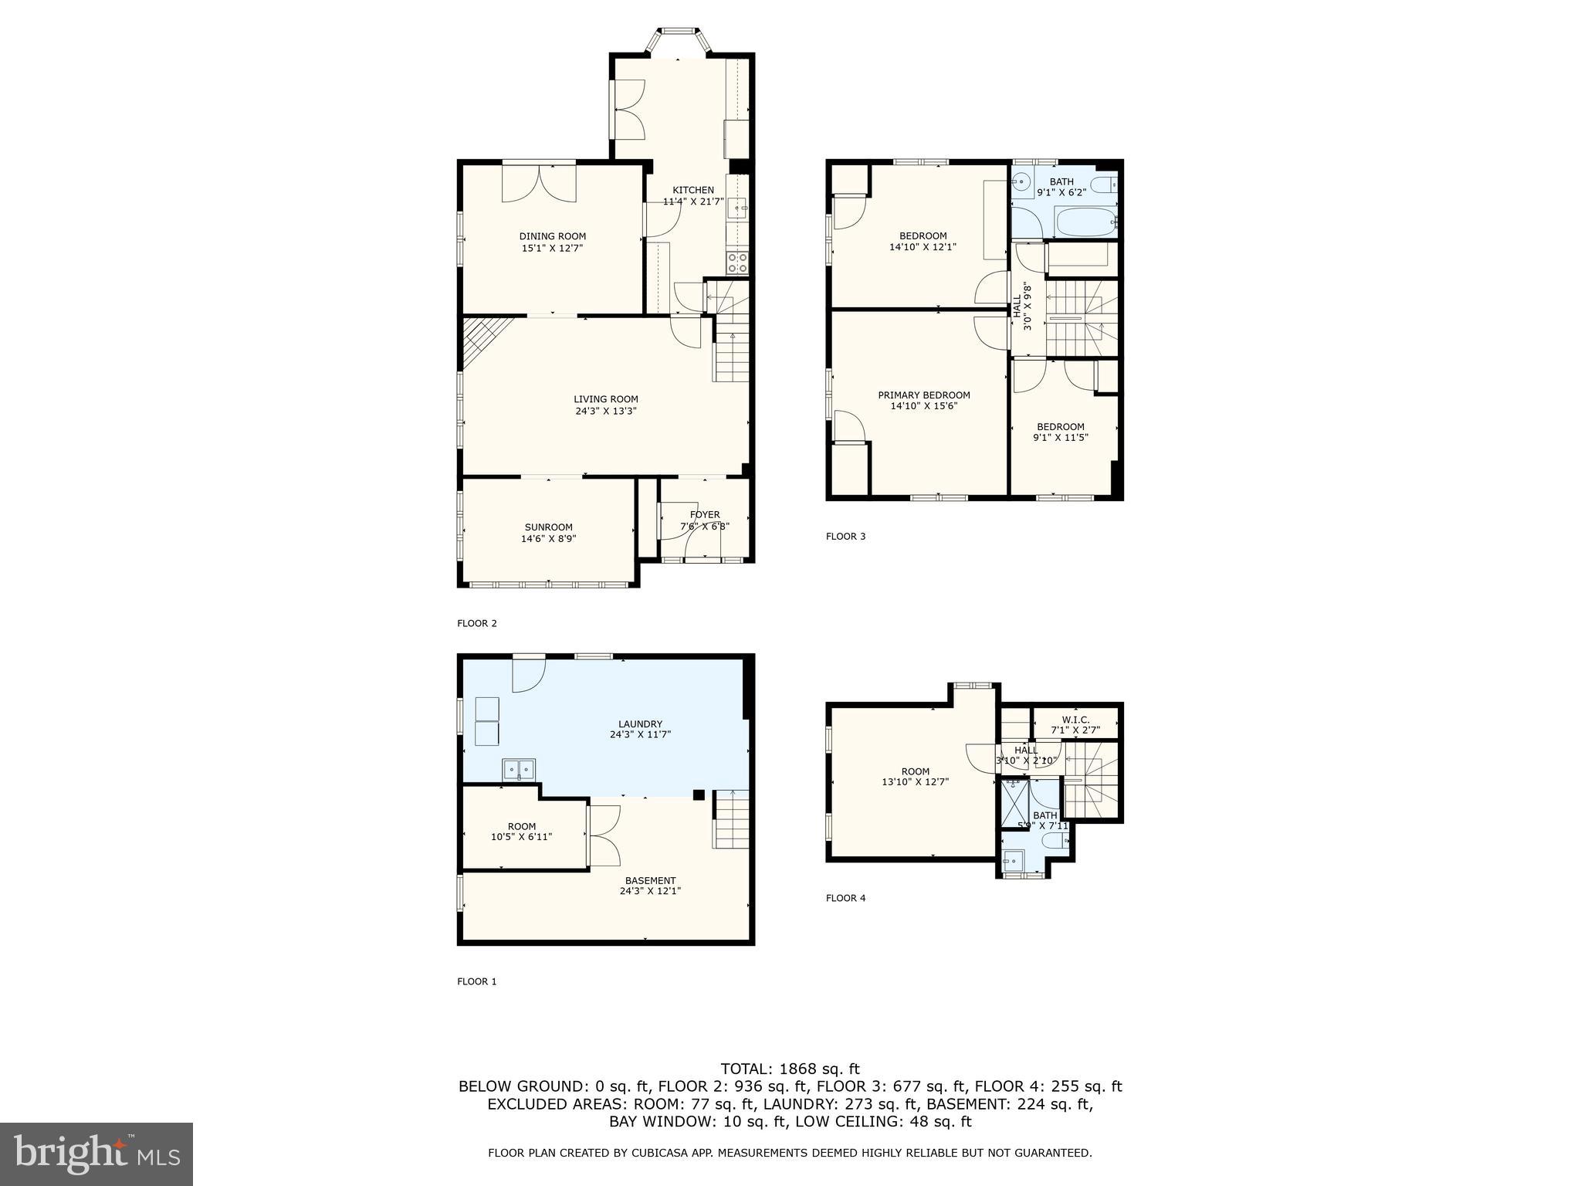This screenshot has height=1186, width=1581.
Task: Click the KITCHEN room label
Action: coord(692,190)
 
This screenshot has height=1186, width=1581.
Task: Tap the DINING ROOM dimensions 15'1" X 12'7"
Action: coord(552,249)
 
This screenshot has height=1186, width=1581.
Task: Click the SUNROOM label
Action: coord(548,527)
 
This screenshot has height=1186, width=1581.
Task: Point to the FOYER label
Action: coord(704,514)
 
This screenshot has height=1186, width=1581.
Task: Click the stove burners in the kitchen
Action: coord(737,263)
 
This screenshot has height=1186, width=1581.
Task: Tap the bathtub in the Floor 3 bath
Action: coord(1085,225)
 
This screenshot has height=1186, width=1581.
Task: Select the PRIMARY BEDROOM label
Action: coord(923,395)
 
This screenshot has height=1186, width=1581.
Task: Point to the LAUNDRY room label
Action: coord(640,724)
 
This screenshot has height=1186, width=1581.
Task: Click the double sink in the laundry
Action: coord(519,769)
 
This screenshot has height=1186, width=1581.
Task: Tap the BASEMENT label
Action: coord(650,880)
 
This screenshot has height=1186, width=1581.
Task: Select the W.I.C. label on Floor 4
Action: coord(1075,720)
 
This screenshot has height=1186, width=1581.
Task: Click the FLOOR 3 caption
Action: coord(845,536)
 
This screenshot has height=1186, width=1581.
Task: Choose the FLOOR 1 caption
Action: coord(476,981)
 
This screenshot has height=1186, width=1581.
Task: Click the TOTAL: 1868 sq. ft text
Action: coord(790,1069)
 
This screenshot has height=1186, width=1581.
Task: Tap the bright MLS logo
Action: coord(96,1154)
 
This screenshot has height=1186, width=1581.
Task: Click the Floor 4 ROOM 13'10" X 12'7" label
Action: coord(915,776)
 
